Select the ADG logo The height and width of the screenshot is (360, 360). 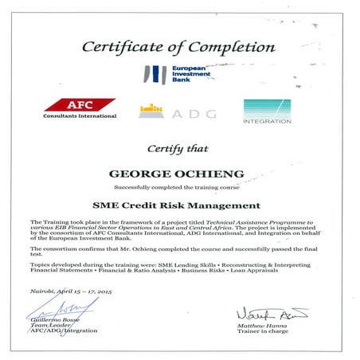(x=177, y=112)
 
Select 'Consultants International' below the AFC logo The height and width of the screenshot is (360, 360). (x=79, y=116)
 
